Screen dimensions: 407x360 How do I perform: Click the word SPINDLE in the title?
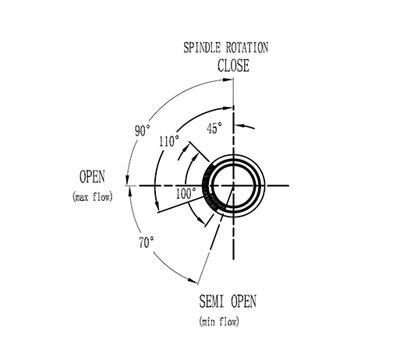pyautogui.click(x=202, y=48)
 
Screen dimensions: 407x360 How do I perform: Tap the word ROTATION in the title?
pyautogui.click(x=247, y=48)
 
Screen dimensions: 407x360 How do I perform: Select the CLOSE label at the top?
pyautogui.click(x=233, y=65)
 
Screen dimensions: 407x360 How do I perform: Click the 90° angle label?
pyautogui.click(x=143, y=130)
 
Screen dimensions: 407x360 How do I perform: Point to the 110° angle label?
pyautogui.click(x=169, y=142)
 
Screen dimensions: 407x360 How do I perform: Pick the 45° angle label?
pyautogui.click(x=214, y=128)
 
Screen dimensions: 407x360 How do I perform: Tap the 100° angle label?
pyautogui.click(x=186, y=193)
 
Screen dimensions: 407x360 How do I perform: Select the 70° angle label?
pyautogui.click(x=146, y=242)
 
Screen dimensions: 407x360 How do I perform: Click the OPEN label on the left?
pyautogui.click(x=92, y=177)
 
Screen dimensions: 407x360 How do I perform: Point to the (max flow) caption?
pyautogui.click(x=93, y=197)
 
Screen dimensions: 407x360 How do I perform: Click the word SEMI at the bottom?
pyautogui.click(x=211, y=302)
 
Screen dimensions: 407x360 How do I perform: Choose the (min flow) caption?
pyautogui.click(x=219, y=322)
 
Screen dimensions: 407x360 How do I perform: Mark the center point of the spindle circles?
pyautogui.click(x=233, y=185)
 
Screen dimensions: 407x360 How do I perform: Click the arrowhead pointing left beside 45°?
pyautogui.click(x=240, y=126)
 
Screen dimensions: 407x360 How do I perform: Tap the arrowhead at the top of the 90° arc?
pyautogui.click(x=228, y=79)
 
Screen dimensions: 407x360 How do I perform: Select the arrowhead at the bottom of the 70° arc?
pyautogui.click(x=193, y=281)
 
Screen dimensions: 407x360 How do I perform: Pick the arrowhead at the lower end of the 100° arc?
pyautogui.click(x=201, y=220)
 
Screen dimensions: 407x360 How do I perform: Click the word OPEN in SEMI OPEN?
pyautogui.click(x=243, y=302)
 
